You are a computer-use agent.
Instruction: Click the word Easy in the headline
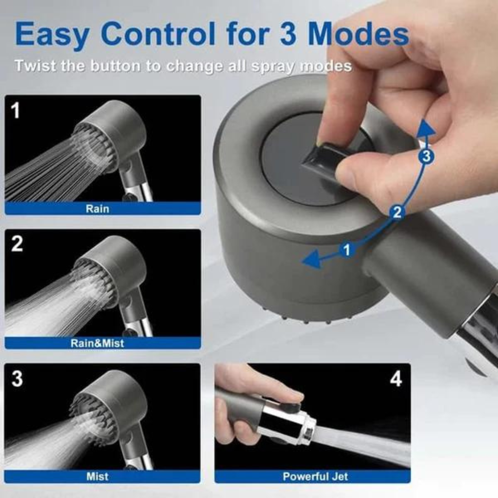[x=52, y=34]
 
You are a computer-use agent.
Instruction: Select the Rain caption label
[x=97, y=208]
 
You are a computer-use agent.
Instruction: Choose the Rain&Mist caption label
[x=97, y=343]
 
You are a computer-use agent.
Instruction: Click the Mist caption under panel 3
[x=97, y=476]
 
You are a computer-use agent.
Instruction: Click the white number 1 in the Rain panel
[x=16, y=110]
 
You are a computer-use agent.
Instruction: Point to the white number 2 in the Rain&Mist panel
[x=17, y=244]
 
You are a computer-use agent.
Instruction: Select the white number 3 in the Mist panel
[x=17, y=379]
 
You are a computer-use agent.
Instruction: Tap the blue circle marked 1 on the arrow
[x=347, y=250]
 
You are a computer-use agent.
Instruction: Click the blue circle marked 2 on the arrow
[x=397, y=212]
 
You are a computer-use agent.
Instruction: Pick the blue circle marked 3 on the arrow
[x=426, y=157]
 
